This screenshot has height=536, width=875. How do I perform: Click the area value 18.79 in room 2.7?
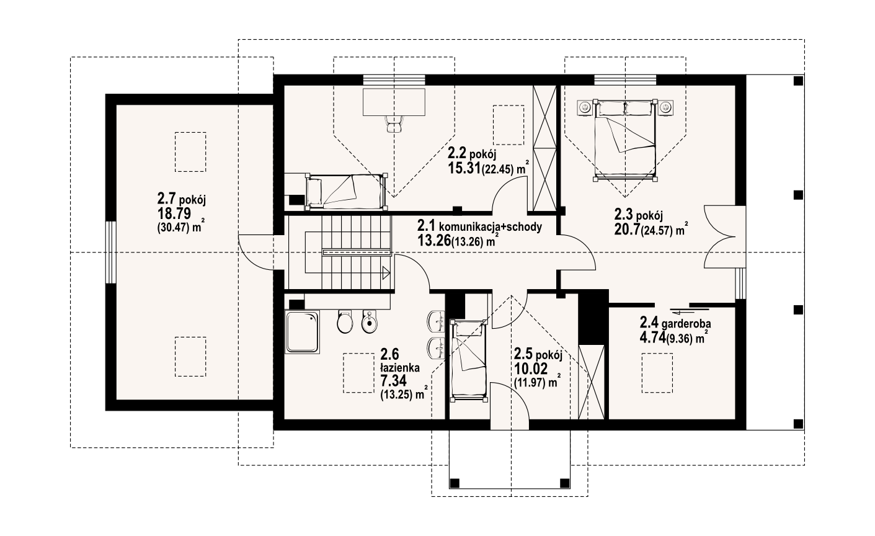coord(174,214)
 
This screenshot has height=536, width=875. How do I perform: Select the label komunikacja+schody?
coord(491,226)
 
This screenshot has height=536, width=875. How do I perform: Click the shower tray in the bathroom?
coord(303,333)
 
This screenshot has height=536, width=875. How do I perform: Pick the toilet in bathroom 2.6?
coord(345,321)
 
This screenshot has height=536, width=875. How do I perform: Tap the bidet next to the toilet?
coord(370,321)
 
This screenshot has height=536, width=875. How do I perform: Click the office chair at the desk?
coord(394,124)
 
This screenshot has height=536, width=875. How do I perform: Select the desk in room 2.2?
coord(394,102)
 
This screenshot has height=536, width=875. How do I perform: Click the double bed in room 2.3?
coord(624,140)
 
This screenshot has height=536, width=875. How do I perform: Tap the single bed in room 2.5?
coord(468,360)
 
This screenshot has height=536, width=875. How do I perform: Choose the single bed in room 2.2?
coord(345,192)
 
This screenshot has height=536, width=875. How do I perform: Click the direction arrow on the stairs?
coord(386,272)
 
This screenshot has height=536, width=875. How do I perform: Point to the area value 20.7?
coord(626,229)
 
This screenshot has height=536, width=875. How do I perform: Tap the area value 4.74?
coord(652,337)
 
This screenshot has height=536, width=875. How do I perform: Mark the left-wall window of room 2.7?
coord(111,252)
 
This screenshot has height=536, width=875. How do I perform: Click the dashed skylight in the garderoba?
coord(657,373)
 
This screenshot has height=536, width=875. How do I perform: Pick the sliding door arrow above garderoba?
coord(680,311)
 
